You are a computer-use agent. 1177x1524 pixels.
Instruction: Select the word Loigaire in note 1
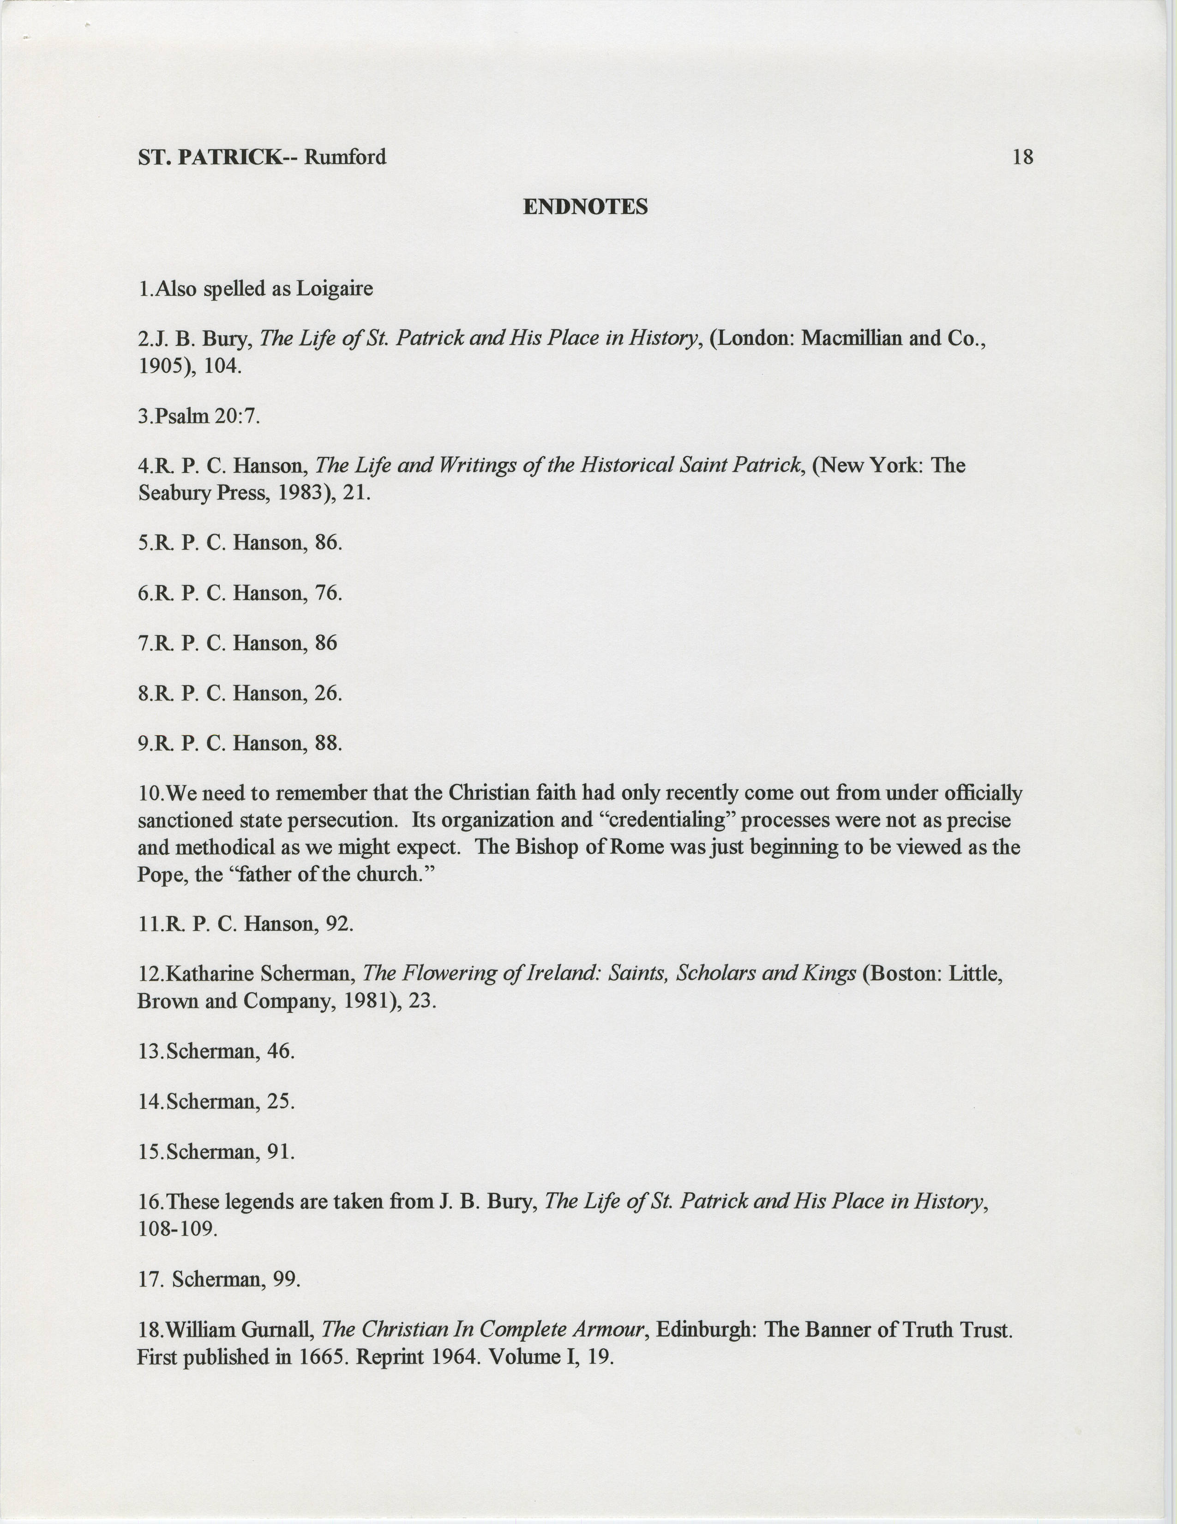pyautogui.click(x=335, y=288)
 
